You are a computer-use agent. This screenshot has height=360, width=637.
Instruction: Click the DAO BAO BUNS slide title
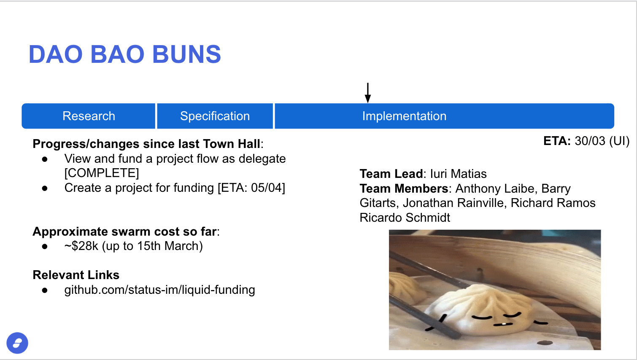[x=125, y=54]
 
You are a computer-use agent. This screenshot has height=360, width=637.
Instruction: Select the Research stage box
[x=89, y=116]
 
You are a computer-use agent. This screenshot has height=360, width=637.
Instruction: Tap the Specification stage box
[x=215, y=116]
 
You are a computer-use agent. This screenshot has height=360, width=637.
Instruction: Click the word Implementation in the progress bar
[x=404, y=116]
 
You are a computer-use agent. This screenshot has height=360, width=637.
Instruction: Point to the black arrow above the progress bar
[x=368, y=93]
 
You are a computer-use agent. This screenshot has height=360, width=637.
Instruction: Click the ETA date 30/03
[x=590, y=141]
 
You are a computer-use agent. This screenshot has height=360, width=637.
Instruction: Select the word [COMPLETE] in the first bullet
[x=102, y=173]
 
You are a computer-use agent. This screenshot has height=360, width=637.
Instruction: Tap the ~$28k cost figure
[x=81, y=246]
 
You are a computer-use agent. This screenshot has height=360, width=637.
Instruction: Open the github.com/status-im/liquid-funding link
[x=159, y=290]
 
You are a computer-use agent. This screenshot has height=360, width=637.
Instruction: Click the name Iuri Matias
[x=458, y=174]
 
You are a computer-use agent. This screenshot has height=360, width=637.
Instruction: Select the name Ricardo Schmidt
[x=405, y=218]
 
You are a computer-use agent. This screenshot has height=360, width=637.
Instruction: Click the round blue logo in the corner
[x=17, y=343]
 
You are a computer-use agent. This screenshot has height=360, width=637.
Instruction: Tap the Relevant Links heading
[x=76, y=275]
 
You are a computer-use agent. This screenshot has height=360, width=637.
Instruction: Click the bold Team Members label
[x=404, y=189]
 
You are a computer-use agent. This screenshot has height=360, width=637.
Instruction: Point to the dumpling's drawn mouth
[x=503, y=324]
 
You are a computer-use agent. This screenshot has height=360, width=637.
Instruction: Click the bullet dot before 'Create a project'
[x=45, y=188]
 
